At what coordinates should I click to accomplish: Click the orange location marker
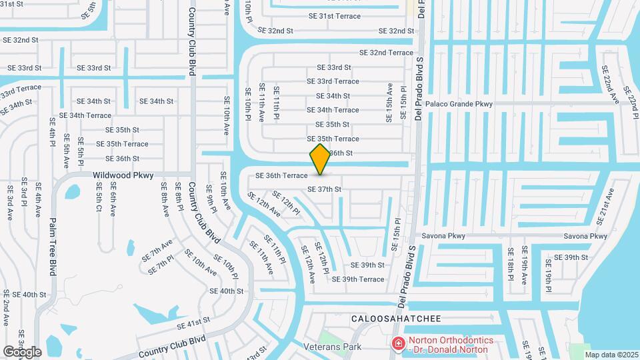point(321,159)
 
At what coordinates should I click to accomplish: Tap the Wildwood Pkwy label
point(123,175)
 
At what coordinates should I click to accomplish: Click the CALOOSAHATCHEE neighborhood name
point(396,319)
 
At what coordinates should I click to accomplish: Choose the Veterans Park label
point(332,347)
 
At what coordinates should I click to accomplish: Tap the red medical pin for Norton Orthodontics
point(399,344)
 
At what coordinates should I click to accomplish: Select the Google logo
point(22,351)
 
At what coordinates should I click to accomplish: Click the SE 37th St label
point(324,189)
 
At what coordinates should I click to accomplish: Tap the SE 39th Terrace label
point(358,279)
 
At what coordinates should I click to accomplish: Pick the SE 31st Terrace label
point(335,16)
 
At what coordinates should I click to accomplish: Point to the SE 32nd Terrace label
point(386,52)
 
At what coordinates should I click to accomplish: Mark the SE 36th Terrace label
point(281,176)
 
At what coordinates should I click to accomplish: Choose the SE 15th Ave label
point(390,103)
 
